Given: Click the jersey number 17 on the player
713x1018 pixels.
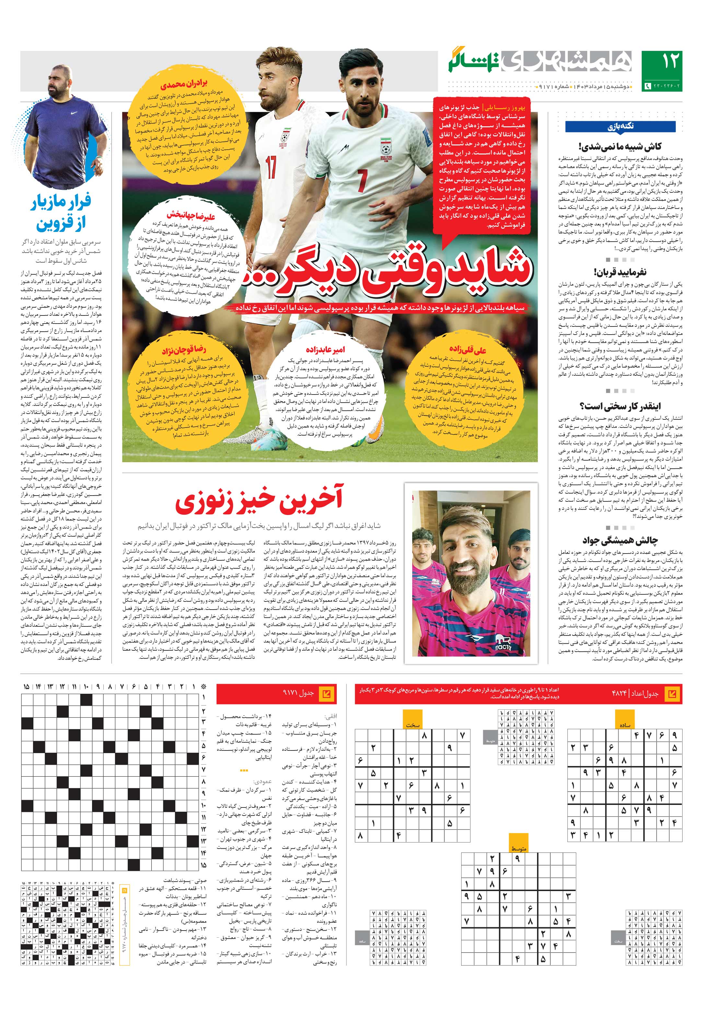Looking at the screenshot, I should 271,166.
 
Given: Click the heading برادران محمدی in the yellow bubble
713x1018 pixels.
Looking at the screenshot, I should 184,85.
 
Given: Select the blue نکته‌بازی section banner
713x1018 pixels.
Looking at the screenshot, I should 620,126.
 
